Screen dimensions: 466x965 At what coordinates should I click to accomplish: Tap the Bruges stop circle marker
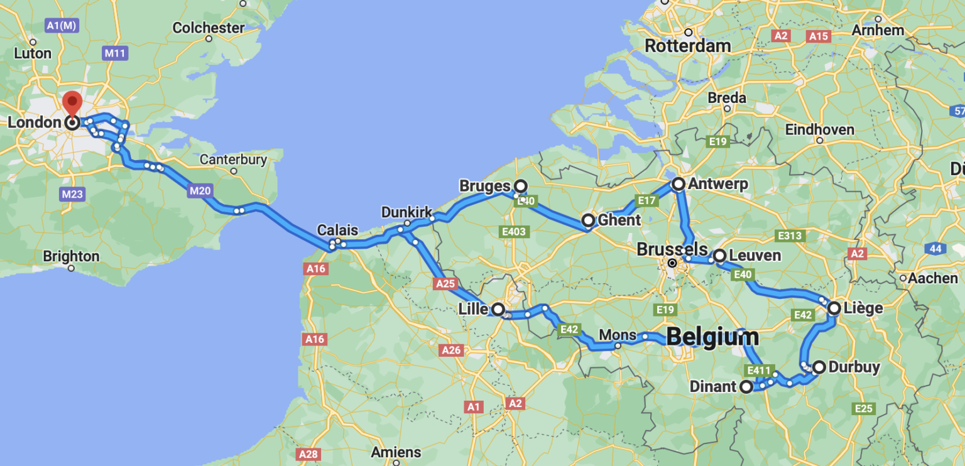520,186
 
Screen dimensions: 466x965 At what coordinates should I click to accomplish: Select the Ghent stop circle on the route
588,220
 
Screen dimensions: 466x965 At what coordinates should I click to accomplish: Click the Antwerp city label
718,184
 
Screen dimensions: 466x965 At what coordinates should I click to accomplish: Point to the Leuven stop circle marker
719,256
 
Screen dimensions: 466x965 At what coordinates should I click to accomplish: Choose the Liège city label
864,308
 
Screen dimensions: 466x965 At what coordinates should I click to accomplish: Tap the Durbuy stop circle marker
819,367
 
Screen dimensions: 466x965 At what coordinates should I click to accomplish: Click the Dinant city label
712,386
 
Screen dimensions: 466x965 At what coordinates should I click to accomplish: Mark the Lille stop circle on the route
498,309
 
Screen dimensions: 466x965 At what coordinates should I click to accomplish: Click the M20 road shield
199,190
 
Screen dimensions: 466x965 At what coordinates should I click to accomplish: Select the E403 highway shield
514,232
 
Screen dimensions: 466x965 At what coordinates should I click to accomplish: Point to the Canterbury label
233,160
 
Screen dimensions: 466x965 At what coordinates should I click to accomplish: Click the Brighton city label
71,256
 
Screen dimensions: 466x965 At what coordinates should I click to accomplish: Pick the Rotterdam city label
688,46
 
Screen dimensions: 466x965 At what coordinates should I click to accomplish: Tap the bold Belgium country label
712,337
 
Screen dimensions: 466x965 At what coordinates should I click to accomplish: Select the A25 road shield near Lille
445,284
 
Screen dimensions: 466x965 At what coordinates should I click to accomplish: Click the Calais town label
337,230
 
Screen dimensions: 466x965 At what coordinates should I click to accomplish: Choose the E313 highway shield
790,236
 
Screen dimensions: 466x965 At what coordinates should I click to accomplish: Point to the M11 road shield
115,53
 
